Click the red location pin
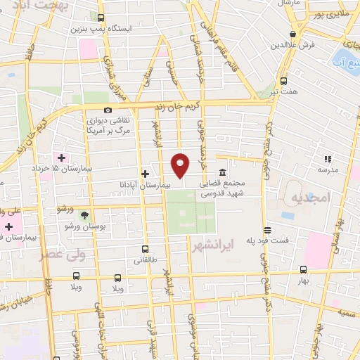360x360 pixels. coord(181,165)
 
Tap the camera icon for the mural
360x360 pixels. coord(107,110)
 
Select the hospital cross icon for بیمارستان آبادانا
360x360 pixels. coord(145,173)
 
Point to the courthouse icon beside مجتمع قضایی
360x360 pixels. coord(222,172)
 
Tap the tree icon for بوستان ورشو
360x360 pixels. coord(85,214)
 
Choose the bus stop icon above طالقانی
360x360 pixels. coord(145,249)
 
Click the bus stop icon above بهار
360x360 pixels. coord(303,269)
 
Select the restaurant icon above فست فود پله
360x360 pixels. coord(267,230)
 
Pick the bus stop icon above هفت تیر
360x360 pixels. coord(283,81)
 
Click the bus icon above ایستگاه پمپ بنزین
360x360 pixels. coord(101,18)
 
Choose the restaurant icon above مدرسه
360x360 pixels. coord(327,159)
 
